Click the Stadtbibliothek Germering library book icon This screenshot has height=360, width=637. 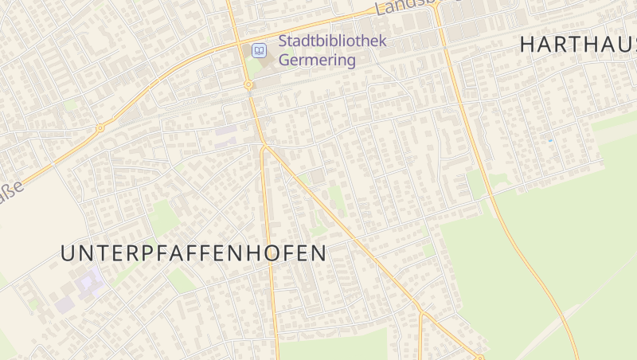259,51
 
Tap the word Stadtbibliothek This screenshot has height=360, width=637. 332,41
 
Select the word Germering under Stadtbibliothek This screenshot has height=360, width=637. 317,61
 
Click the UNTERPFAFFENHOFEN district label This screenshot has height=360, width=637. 193,253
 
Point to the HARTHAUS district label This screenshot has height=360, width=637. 577,45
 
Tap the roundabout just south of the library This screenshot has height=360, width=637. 248,84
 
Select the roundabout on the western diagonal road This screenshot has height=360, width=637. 100,127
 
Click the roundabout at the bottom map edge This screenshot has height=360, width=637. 479,358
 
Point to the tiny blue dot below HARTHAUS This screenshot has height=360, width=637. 549,140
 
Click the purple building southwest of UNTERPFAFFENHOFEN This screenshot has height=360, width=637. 89,282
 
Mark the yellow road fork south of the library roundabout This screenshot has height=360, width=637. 264,147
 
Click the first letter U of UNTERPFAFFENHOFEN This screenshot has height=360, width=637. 68,253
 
